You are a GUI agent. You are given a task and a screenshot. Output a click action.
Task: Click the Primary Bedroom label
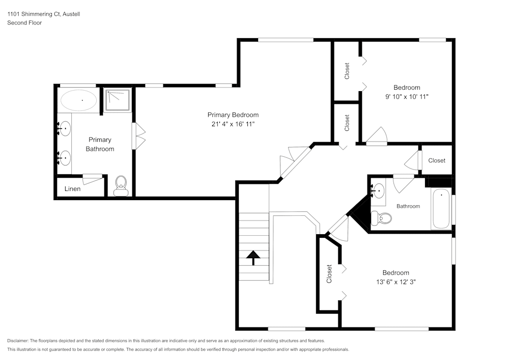click(233, 115)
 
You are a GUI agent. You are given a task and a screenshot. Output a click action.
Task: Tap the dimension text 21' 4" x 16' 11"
click(233, 124)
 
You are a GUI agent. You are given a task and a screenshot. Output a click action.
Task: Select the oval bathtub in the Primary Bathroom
click(78, 100)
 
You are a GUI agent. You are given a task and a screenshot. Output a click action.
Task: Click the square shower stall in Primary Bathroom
click(117, 100)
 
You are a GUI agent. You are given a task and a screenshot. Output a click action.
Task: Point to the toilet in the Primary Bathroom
click(121, 185)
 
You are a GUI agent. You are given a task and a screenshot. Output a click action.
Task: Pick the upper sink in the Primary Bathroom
click(65, 129)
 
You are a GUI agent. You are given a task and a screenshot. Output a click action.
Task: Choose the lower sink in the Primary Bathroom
click(65, 158)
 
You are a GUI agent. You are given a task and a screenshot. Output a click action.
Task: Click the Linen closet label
click(72, 189)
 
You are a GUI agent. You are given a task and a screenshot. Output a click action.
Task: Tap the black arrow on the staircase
click(253, 258)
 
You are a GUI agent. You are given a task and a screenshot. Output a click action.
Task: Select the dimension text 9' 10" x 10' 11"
click(407, 97)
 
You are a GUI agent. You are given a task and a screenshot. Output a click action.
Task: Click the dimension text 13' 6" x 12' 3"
click(395, 282)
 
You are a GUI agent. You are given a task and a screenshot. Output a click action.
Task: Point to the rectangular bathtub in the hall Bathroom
click(441, 209)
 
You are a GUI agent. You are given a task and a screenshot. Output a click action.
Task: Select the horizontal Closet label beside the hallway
click(436, 160)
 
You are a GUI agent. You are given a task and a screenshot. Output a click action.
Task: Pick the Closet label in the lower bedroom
click(329, 274)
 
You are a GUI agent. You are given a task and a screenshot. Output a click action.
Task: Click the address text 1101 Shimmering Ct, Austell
click(43, 14)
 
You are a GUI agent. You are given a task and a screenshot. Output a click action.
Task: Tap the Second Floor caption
click(24, 23)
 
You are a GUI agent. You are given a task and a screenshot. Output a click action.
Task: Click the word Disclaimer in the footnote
click(18, 341)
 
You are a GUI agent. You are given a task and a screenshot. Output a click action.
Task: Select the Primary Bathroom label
click(100, 144)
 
